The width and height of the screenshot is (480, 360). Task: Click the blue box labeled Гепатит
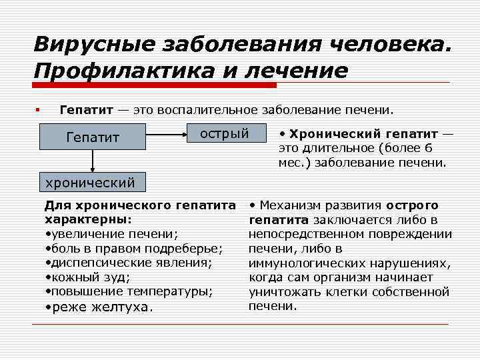93,138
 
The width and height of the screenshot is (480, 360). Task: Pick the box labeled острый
224,135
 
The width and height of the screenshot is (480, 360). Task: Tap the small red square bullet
39,109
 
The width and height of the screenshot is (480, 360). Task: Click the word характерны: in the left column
87,219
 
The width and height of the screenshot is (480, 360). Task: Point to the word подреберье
185,248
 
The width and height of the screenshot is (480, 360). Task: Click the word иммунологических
309,263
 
